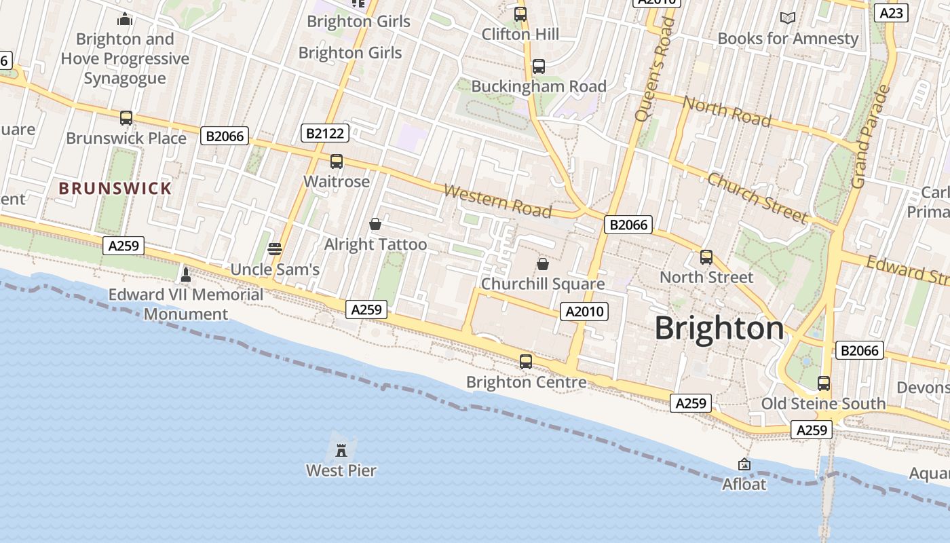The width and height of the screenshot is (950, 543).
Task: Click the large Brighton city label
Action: (719, 329)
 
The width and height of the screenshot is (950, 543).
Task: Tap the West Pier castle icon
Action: (341, 449)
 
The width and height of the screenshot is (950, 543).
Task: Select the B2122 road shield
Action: (325, 133)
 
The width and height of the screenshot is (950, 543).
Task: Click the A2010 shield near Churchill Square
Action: (584, 312)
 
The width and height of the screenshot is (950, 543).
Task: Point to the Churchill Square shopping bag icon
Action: (542, 263)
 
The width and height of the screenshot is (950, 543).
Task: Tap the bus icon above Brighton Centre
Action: (526, 361)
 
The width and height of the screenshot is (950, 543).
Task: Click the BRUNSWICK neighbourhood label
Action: (115, 188)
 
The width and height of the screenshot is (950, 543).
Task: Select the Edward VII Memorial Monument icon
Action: (186, 275)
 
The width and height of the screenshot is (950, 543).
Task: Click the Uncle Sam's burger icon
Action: (275, 249)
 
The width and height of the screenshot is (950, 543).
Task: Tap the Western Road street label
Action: (497, 201)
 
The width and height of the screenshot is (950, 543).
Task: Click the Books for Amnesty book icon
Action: (787, 18)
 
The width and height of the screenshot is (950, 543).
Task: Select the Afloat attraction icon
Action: (744, 464)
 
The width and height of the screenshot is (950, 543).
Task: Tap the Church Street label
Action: (758, 198)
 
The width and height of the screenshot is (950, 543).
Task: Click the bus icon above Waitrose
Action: (336, 162)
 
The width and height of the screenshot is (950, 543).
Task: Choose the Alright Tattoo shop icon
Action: (375, 224)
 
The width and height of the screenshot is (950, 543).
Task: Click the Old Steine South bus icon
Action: (823, 383)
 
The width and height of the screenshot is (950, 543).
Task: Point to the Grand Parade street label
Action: (871, 136)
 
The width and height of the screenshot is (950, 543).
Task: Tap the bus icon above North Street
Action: (706, 257)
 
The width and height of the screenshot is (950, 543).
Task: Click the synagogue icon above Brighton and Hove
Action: (125, 18)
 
